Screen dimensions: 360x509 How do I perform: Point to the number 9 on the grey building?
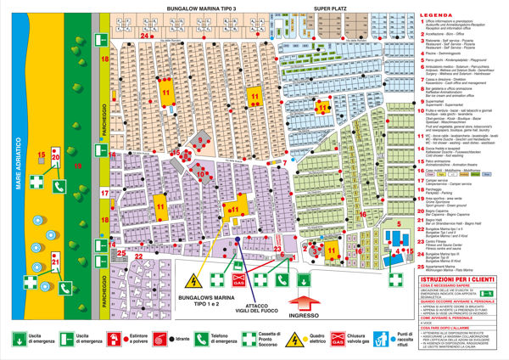pos(200,141)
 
